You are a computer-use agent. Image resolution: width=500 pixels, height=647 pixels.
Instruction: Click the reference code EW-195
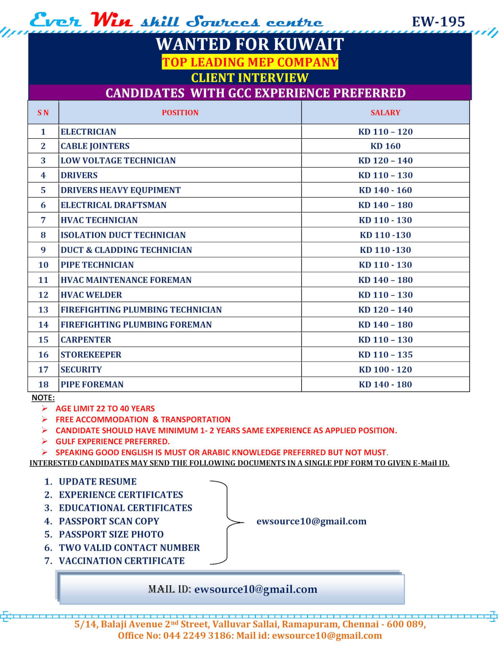point(438,22)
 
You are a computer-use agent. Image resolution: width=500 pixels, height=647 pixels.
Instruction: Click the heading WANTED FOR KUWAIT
point(250,44)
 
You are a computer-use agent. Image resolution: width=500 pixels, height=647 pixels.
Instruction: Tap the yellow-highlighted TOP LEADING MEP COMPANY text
point(250,62)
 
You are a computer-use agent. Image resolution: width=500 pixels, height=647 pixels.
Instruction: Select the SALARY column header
point(385,112)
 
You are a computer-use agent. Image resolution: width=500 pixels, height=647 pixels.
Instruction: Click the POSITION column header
point(180,112)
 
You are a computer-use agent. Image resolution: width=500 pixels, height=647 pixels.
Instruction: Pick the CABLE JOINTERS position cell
point(95,146)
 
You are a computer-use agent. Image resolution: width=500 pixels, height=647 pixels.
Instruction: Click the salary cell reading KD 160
point(385,146)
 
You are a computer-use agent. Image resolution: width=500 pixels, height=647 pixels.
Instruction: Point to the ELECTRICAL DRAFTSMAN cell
point(113,205)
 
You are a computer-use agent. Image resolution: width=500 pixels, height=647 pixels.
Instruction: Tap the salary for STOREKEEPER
point(385,355)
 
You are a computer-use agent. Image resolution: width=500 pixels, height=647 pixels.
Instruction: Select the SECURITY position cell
point(81,370)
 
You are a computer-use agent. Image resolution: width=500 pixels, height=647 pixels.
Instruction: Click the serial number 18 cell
point(43,385)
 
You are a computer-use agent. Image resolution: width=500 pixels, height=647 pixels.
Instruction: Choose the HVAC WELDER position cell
point(91,295)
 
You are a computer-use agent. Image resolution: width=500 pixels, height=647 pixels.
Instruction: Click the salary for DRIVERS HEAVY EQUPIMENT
point(385,190)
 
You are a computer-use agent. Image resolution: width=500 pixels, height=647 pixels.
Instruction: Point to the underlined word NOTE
point(42,398)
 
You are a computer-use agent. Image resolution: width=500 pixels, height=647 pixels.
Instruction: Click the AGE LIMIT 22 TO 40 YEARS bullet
point(105,409)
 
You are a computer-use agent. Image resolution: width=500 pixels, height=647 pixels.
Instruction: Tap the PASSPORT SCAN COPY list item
point(109,521)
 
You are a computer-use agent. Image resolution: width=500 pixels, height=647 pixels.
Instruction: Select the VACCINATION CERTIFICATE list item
point(121,561)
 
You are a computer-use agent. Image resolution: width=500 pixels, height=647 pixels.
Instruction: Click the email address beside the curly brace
point(311,521)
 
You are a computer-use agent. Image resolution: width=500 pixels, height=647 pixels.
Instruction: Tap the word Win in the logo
point(112,20)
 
